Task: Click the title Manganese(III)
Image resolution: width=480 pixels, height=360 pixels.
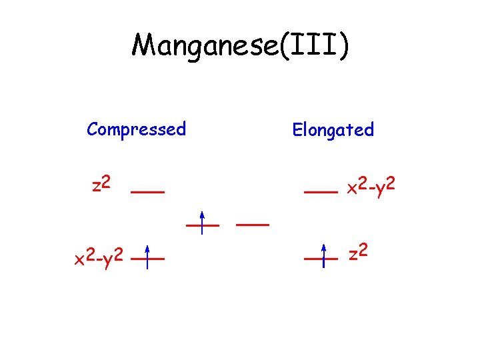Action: tap(240, 46)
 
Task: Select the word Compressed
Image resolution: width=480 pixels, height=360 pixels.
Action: tap(136, 129)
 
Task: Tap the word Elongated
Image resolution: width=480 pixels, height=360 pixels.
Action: tap(333, 129)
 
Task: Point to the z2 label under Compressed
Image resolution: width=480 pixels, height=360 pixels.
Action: tap(101, 183)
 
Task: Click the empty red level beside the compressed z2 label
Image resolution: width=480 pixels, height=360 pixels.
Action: tap(147, 191)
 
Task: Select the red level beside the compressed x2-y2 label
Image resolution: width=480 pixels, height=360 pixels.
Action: tap(147, 257)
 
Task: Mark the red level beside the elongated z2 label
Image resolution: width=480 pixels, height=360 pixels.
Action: tap(321, 257)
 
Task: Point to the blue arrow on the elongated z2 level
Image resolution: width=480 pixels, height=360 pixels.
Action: tap(323, 255)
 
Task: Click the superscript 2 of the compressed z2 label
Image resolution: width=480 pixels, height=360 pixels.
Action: tap(106, 179)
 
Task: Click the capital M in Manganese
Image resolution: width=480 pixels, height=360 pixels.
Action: tap(145, 45)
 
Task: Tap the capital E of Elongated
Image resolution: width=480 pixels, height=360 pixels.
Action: tap(297, 129)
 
